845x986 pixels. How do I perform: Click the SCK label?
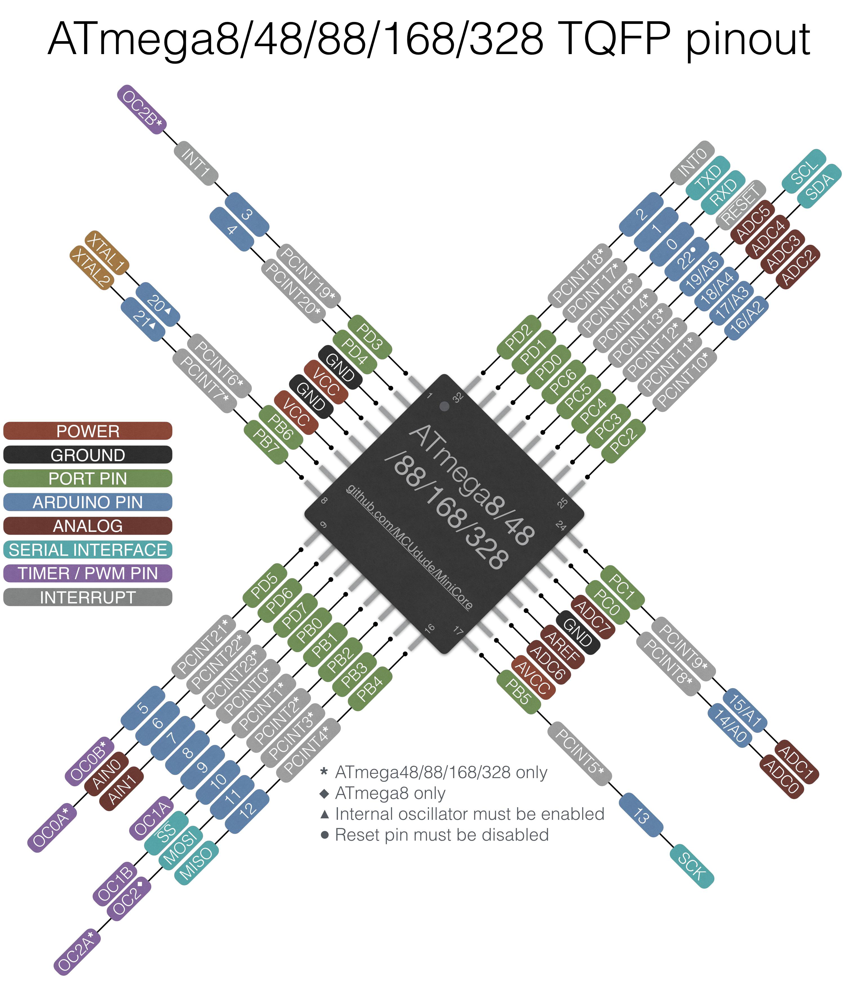692,866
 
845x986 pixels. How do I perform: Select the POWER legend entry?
88,431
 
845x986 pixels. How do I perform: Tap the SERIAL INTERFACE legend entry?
88,550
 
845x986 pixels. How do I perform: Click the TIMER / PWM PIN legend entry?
88,573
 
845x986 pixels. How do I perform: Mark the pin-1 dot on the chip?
444,406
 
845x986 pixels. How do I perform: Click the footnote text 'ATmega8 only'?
390,793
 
